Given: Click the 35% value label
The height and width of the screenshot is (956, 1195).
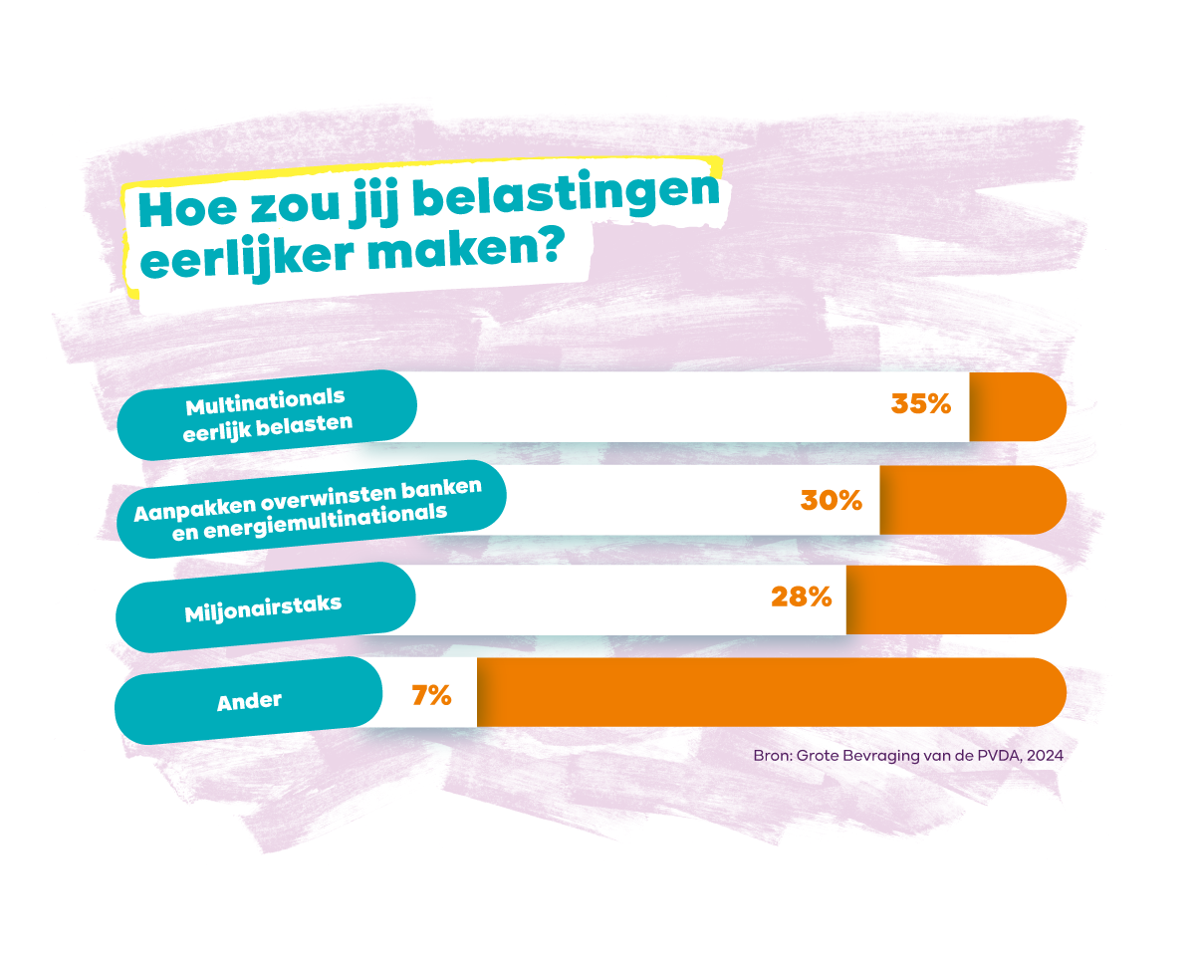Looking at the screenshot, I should pyautogui.click(x=921, y=404).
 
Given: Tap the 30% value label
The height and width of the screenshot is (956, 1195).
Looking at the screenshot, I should pyautogui.click(x=832, y=500).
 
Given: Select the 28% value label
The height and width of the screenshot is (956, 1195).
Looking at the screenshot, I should pyautogui.click(x=801, y=597).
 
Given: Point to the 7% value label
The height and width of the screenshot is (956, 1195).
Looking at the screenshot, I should pyautogui.click(x=431, y=695).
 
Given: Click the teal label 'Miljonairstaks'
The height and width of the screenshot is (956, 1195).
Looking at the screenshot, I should pyautogui.click(x=264, y=607).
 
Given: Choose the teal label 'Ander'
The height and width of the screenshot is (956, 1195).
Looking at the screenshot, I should pyautogui.click(x=249, y=701).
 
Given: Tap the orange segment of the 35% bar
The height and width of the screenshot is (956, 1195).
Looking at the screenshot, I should pyautogui.click(x=1016, y=406).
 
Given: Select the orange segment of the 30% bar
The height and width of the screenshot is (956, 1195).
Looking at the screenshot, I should pyautogui.click(x=971, y=500).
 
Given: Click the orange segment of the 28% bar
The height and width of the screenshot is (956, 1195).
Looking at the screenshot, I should pyautogui.click(x=954, y=599).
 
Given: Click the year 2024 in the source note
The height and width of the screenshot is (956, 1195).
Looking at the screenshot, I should pyautogui.click(x=1045, y=756).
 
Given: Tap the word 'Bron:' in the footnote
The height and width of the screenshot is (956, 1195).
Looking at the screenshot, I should pyautogui.click(x=772, y=756).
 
